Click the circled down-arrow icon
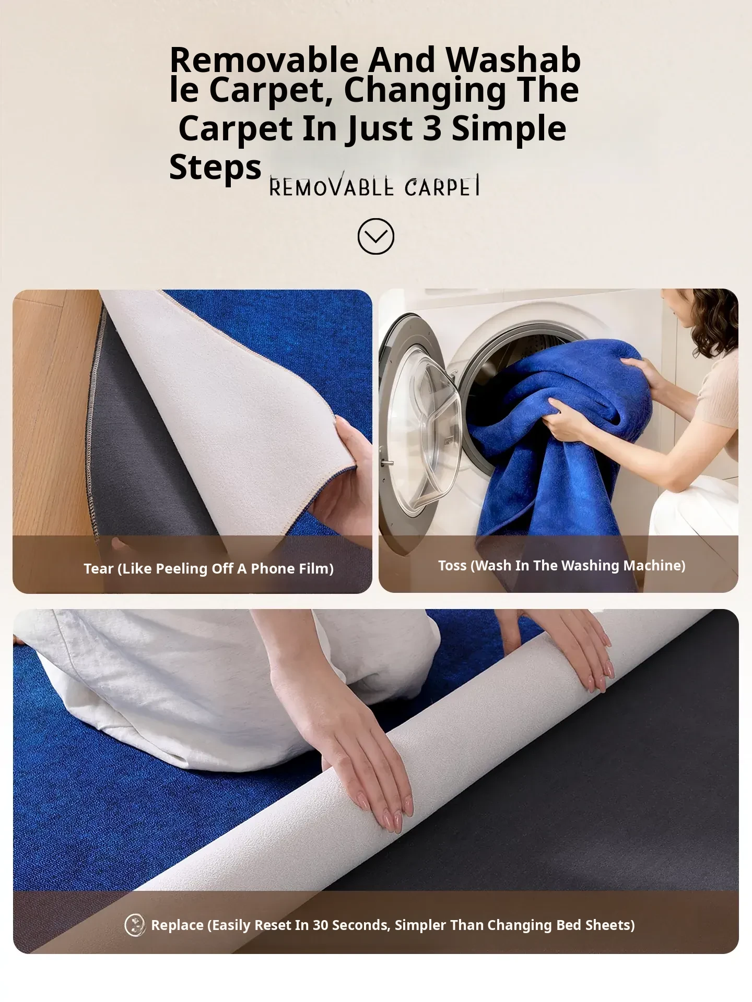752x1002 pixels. point(375,236)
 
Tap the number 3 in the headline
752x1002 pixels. point(432,128)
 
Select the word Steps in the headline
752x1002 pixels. point(215,168)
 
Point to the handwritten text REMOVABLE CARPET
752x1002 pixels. point(374,186)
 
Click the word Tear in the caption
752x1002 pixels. point(98,568)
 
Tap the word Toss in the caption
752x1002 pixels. point(452,565)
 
